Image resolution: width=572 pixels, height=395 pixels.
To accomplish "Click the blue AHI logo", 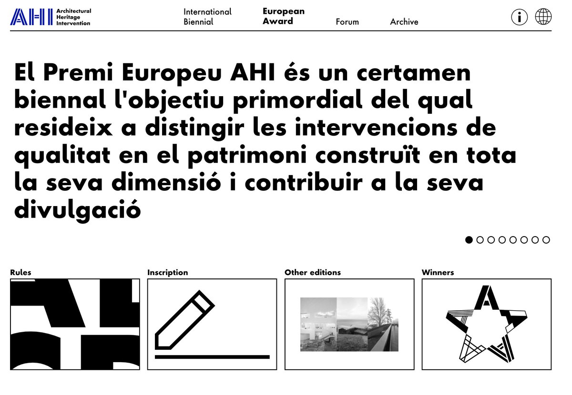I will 31,17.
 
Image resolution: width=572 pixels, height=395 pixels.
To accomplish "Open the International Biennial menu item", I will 207,17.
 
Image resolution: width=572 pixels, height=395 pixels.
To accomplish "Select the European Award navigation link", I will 283,16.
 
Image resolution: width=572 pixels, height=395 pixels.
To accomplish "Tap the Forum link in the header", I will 347,22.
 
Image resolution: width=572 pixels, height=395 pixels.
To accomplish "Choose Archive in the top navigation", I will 404,22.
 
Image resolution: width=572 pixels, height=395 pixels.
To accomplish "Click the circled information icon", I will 520,17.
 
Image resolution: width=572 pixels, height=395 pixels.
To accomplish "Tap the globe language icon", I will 543,17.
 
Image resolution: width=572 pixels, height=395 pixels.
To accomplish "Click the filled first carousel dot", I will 469,240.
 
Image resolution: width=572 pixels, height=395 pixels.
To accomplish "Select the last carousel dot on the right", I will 546,240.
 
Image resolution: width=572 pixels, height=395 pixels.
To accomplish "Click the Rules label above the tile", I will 20,273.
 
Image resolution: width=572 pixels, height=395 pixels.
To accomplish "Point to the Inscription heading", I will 167,273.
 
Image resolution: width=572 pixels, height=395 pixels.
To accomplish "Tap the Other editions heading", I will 313,273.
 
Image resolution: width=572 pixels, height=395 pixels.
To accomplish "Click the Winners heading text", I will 438,273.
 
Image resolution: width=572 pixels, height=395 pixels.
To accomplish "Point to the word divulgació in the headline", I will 78,209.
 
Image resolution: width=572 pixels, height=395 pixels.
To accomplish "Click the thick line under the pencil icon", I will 212,356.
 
